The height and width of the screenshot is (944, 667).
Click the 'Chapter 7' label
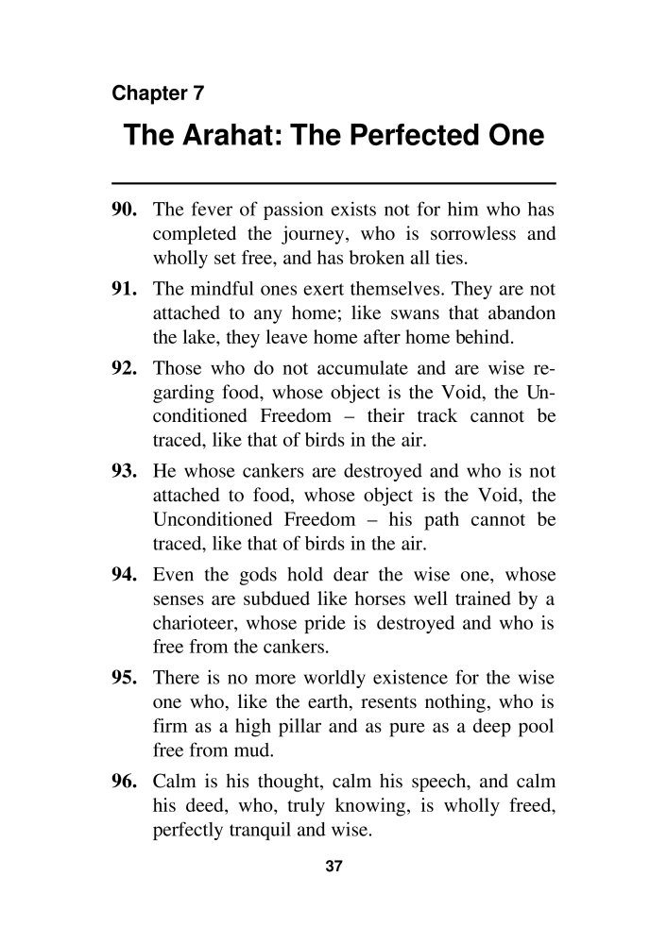158,93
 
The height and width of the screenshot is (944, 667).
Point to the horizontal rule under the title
333,181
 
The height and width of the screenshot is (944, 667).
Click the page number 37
333,868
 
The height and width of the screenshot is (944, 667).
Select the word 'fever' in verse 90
207,208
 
